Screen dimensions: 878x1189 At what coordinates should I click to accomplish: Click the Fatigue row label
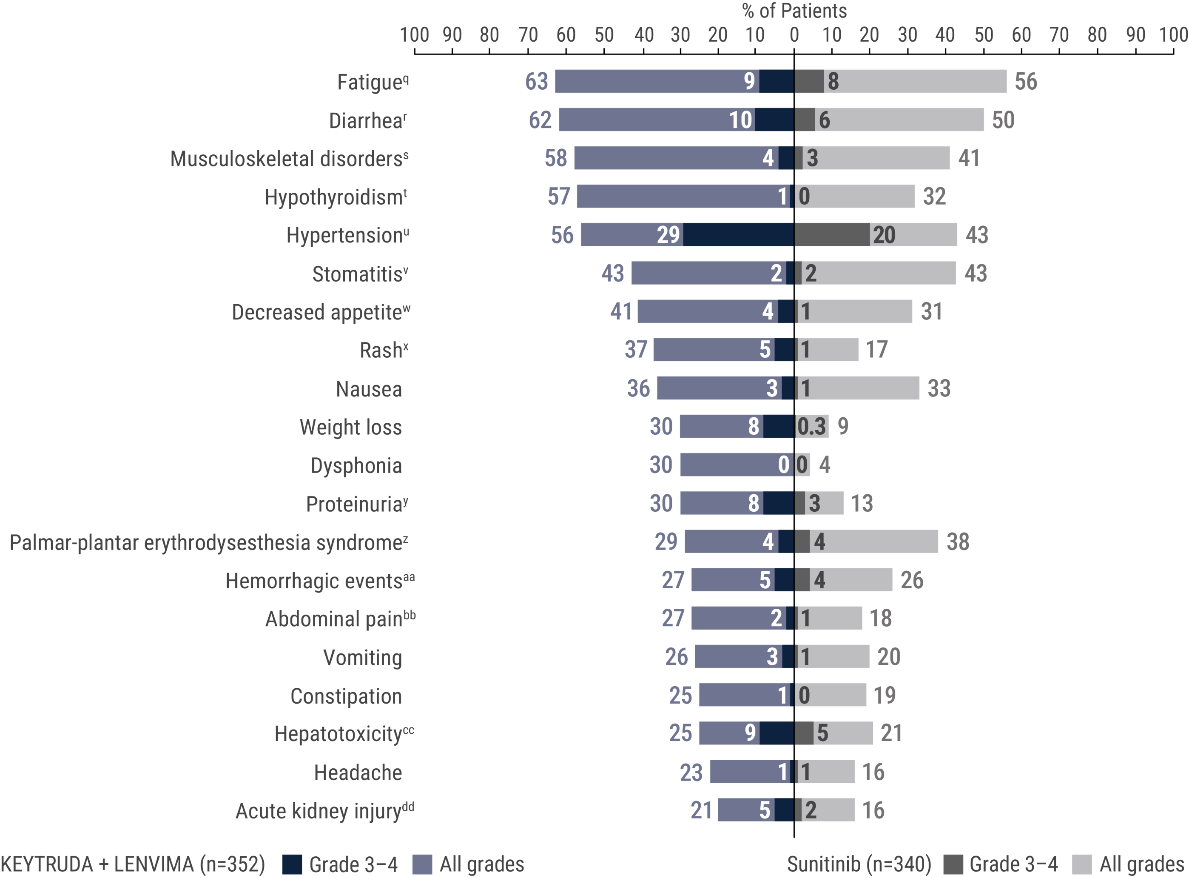(x=373, y=83)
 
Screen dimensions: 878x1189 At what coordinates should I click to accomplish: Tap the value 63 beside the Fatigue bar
(x=536, y=82)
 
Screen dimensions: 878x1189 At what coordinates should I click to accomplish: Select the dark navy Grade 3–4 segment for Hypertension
(x=739, y=234)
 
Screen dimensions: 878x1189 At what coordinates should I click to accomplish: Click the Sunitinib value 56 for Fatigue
(x=1025, y=82)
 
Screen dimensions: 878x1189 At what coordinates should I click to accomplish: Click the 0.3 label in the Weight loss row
(x=811, y=427)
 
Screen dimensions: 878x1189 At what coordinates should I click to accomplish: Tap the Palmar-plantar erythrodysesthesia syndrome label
(x=209, y=543)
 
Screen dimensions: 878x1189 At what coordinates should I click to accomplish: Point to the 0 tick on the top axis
(x=794, y=35)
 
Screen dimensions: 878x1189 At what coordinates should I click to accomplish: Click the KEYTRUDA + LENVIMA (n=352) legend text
(x=133, y=864)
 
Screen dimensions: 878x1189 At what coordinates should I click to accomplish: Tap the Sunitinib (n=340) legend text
(x=859, y=864)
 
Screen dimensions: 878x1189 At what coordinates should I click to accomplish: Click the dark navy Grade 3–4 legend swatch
(x=292, y=865)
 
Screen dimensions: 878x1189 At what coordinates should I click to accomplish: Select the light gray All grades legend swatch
(x=1082, y=865)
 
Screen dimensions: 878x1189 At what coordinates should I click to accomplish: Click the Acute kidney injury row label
(x=324, y=811)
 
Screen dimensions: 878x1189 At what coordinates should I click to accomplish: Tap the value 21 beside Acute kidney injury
(x=701, y=810)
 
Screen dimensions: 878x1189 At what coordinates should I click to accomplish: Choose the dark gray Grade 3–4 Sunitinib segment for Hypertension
(x=831, y=234)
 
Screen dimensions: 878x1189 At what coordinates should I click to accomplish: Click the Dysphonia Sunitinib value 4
(x=824, y=465)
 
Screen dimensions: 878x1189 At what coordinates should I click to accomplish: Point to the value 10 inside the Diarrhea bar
(x=740, y=120)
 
